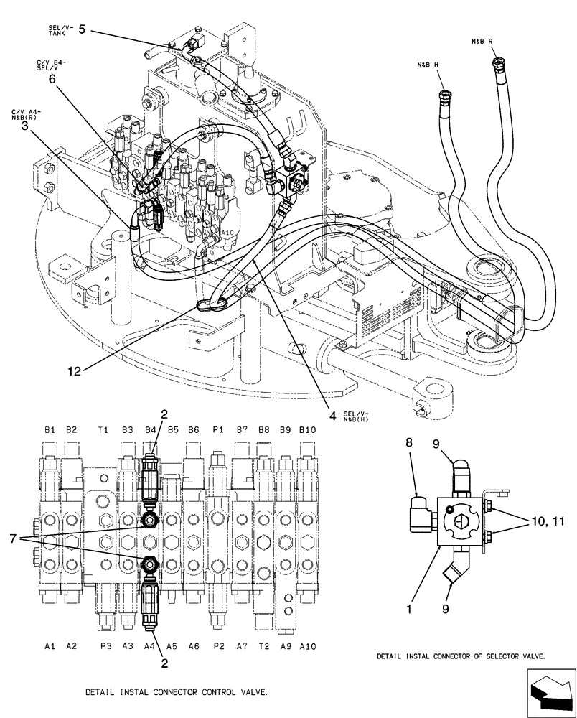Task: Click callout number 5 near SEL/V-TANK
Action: click(82, 29)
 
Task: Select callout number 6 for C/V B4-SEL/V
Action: click(52, 80)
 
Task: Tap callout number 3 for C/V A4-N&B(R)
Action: click(25, 126)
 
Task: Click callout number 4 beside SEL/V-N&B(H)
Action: click(332, 414)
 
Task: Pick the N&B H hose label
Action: click(428, 65)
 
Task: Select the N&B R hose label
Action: click(482, 42)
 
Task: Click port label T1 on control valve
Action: click(103, 430)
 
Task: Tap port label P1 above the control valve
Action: click(217, 430)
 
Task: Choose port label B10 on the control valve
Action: click(307, 430)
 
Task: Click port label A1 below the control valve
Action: click(50, 646)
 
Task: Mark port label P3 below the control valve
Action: click(105, 646)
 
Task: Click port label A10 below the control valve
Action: click(307, 646)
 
